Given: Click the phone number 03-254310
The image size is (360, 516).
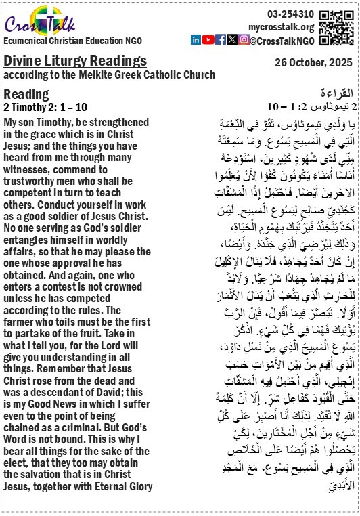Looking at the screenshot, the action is tap(290, 14).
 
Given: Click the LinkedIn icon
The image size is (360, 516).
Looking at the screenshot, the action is tap(196, 40).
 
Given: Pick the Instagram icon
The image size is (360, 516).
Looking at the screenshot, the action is tap(243, 40).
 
